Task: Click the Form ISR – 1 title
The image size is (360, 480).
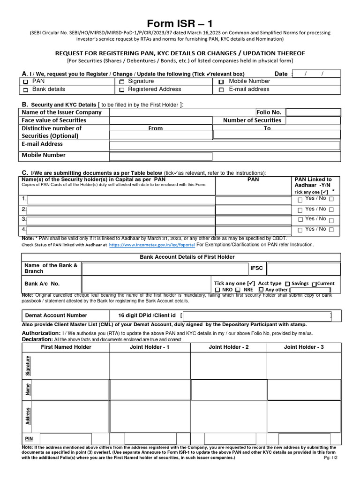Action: [180, 23]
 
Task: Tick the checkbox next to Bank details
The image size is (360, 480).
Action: [25, 90]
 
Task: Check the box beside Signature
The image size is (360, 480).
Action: [121, 82]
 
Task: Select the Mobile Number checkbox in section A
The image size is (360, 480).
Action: [221, 82]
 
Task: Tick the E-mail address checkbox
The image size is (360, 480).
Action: [221, 90]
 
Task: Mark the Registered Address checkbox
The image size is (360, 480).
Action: [121, 90]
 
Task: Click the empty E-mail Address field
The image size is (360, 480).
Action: [224, 145]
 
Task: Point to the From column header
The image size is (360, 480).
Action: [155, 128]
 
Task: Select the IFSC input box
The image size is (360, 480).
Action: [303, 269]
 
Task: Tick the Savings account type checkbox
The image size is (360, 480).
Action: [287, 284]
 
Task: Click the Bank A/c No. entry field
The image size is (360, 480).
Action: [146, 284]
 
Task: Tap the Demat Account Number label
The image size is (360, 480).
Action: [56, 315]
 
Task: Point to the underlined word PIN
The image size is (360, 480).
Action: [28, 438]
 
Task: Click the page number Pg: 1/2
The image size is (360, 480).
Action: [330, 457]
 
